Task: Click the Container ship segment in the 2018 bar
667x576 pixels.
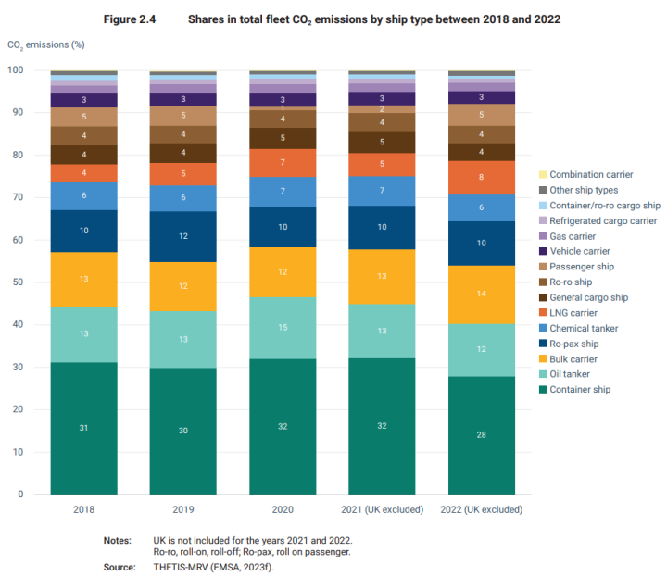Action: (84, 428)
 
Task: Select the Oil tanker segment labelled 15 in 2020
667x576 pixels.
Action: (283, 328)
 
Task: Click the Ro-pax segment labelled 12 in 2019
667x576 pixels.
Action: (183, 237)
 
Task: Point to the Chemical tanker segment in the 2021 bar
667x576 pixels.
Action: (383, 191)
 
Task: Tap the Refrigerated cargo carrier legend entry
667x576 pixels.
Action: (602, 220)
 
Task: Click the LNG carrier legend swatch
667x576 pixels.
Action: (542, 313)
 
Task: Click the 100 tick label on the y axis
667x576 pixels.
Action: (15, 70)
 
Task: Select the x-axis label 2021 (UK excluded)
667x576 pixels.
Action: (383, 509)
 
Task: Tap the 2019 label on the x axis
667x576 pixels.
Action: (183, 509)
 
